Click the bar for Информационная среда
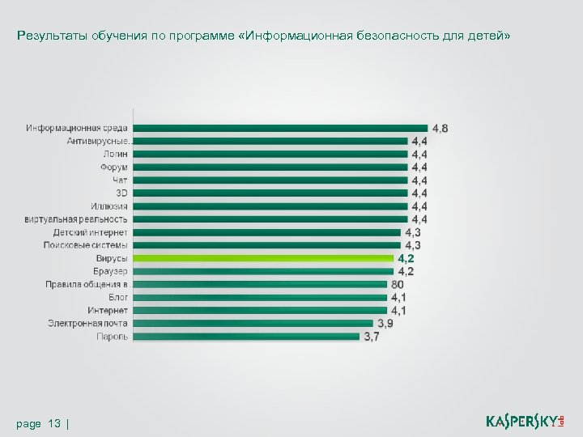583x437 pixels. pyautogui.click(x=279, y=128)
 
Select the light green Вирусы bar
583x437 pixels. pyautogui.click(x=262, y=258)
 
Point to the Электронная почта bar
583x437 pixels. pyautogui.click(x=246, y=324)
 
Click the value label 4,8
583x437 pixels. pyautogui.click(x=440, y=128)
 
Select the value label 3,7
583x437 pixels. pyautogui.click(x=371, y=337)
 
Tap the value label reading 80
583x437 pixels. pyautogui.click(x=398, y=285)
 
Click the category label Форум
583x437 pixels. pyautogui.click(x=114, y=167)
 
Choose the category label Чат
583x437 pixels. pyautogui.click(x=120, y=180)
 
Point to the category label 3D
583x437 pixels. pyautogui.click(x=121, y=193)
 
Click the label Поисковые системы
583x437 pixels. pyautogui.click(x=86, y=245)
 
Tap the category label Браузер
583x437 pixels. pyautogui.click(x=110, y=271)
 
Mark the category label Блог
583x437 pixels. pyautogui.click(x=118, y=298)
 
